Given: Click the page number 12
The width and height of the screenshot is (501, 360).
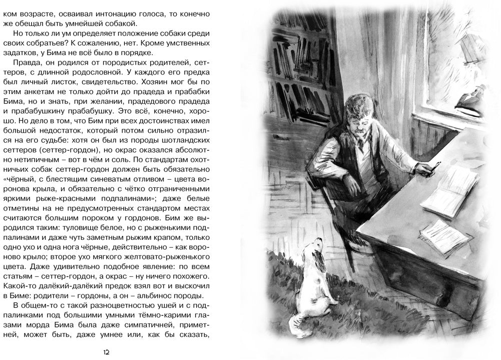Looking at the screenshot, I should click(x=106, y=352).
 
